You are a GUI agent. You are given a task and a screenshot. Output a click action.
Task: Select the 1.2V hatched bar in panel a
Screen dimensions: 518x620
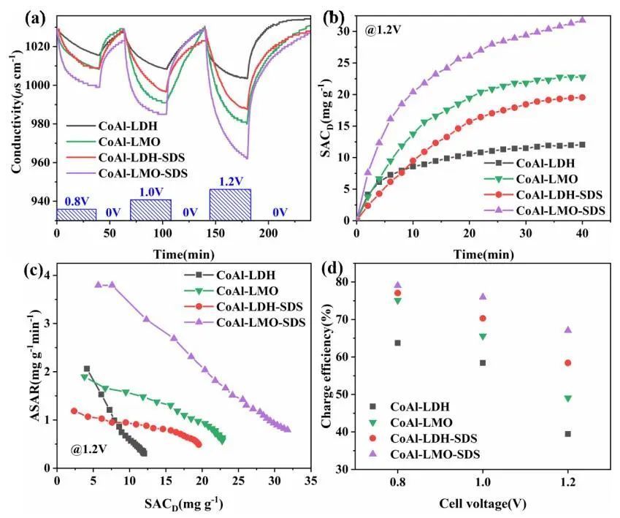(x=230, y=204)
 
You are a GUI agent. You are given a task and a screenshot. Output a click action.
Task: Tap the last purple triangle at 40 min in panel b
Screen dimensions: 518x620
(x=582, y=20)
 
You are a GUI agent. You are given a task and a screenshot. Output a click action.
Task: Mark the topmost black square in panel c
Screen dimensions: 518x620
(x=87, y=369)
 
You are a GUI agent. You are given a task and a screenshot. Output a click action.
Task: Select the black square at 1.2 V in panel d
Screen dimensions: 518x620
(x=567, y=434)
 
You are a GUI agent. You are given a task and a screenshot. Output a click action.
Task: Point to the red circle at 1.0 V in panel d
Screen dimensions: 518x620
(x=483, y=319)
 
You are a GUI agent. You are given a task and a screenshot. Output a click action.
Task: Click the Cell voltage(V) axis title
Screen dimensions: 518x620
(x=483, y=503)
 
